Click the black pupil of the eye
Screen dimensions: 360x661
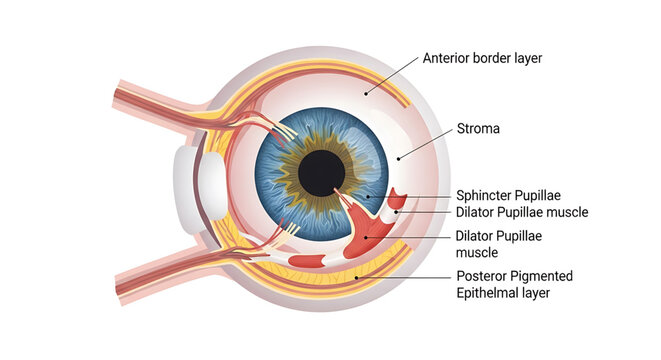[321, 173]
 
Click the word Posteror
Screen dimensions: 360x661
[484, 275]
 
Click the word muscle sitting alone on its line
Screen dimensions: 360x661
[477, 253]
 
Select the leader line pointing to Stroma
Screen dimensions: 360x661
[425, 142]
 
